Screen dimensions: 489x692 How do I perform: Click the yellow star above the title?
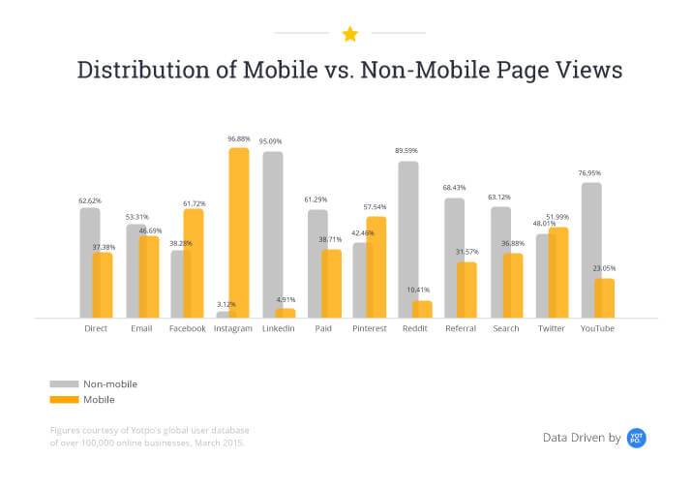click(349, 34)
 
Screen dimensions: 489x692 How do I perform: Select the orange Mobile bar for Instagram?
click(238, 232)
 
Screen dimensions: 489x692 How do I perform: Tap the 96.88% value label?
click(238, 138)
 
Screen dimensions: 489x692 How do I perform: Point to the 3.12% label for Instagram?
click(226, 304)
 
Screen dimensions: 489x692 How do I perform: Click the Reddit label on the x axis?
click(414, 328)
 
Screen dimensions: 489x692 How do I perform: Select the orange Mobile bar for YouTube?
click(605, 297)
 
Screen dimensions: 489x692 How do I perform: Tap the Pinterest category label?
click(369, 328)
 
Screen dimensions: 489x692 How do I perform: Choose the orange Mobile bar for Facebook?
click(194, 262)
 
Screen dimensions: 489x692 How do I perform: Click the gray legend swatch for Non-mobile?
click(63, 383)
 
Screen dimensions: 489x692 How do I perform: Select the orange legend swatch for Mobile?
click(63, 399)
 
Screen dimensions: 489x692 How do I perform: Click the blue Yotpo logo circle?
click(636, 438)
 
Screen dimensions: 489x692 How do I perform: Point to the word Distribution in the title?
click(135, 71)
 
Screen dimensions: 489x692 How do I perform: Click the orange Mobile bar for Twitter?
click(558, 272)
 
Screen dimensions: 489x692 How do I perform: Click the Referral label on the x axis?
click(460, 328)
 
